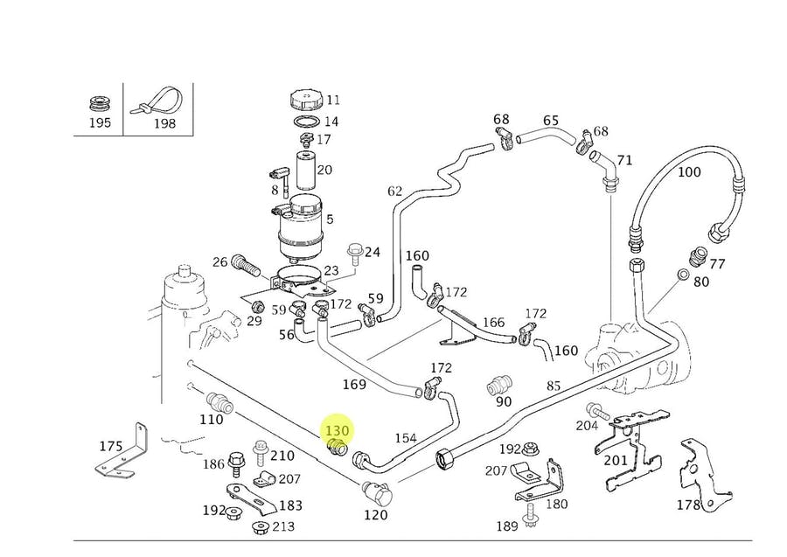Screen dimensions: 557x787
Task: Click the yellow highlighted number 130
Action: click(337, 431)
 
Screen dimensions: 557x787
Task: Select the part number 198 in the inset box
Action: click(164, 123)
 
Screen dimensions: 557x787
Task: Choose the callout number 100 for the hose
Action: click(689, 172)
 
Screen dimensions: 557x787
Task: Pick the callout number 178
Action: click(688, 505)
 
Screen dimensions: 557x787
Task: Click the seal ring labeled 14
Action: click(303, 122)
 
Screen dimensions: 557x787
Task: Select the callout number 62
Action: click(394, 191)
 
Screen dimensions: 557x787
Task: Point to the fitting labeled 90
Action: click(499, 386)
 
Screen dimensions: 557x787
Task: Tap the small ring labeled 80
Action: click(682, 276)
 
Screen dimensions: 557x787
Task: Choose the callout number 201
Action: click(615, 461)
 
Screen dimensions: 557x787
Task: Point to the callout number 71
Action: click(624, 160)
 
